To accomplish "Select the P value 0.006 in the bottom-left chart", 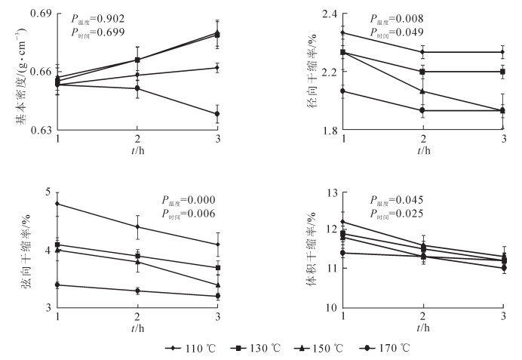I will (x=201, y=214).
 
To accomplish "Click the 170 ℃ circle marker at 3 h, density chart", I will (x=216, y=114).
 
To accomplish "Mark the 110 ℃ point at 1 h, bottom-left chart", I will (x=58, y=204).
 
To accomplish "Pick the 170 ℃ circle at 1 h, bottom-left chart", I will (x=58, y=285).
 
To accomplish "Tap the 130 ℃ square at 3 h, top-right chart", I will (x=503, y=72).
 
